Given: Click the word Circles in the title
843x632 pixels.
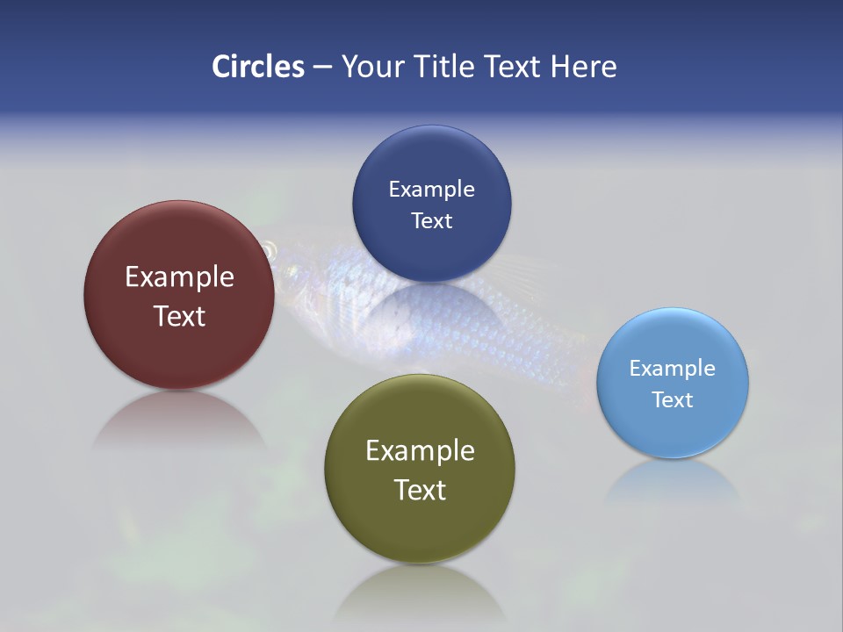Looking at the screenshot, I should pos(258,67).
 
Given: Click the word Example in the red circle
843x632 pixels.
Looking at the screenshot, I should pos(179,276).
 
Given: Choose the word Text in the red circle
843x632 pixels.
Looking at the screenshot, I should pos(179,316).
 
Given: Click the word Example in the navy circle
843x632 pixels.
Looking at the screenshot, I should pos(431,189).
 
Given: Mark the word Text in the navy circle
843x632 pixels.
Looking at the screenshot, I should pos(431,220).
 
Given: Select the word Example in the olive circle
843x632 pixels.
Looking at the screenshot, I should pos(420,450).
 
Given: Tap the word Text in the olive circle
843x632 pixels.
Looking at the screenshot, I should pos(420,490).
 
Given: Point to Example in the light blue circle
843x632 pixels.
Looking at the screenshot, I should pos(673,368).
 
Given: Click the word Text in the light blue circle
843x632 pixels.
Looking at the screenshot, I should pos(673,399).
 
